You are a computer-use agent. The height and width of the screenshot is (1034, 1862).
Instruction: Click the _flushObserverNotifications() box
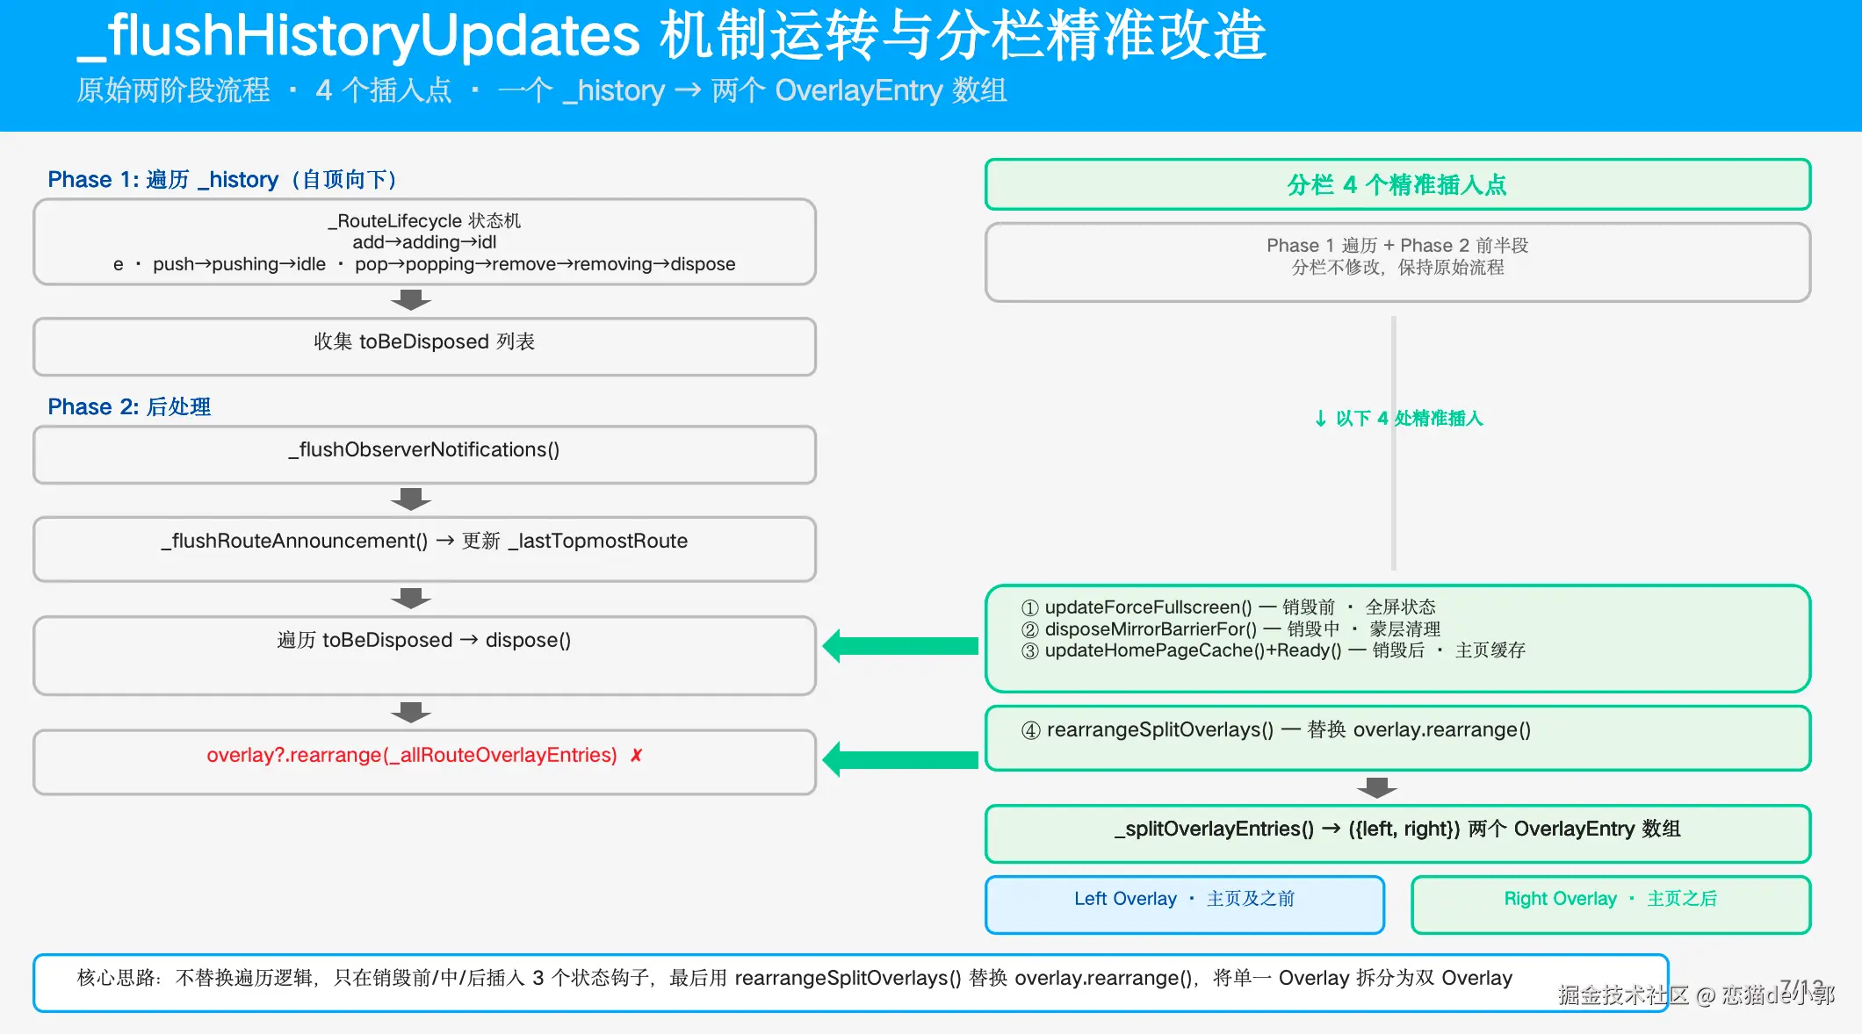coord(424,455)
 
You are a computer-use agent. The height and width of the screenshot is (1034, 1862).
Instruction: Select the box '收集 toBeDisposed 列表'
coord(424,347)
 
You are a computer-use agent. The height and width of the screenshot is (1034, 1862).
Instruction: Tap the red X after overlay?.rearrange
coord(637,755)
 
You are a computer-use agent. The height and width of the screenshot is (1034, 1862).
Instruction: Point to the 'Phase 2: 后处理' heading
coord(129,407)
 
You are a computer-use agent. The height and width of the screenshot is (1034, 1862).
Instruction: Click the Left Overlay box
coord(1185,904)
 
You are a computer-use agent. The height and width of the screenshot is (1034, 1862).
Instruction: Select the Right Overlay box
coord(1611,904)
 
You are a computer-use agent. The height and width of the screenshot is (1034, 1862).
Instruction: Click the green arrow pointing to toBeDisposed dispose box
coord(900,646)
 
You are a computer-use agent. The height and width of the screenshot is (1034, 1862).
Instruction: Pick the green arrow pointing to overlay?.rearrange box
coord(900,759)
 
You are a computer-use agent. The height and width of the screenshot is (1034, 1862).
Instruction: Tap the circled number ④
coord(1031,730)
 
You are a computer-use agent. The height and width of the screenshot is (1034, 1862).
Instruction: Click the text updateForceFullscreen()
coord(1148,607)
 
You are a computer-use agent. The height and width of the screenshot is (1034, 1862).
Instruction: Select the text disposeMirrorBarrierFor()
coord(1151,628)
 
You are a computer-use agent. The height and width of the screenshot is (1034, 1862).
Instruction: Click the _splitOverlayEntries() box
coord(1397,834)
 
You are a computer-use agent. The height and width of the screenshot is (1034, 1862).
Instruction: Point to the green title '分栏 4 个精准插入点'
coord(1397,185)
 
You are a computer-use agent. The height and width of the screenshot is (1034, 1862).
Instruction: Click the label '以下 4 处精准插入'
coord(1409,419)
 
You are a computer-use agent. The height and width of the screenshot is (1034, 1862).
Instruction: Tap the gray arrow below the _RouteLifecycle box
coord(411,300)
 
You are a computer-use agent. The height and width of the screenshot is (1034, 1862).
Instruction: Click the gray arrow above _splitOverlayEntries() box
coord(1377,787)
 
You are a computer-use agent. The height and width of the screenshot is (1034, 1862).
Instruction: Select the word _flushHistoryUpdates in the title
coord(359,36)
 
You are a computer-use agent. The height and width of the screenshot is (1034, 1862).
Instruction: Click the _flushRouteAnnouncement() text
coord(294,541)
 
